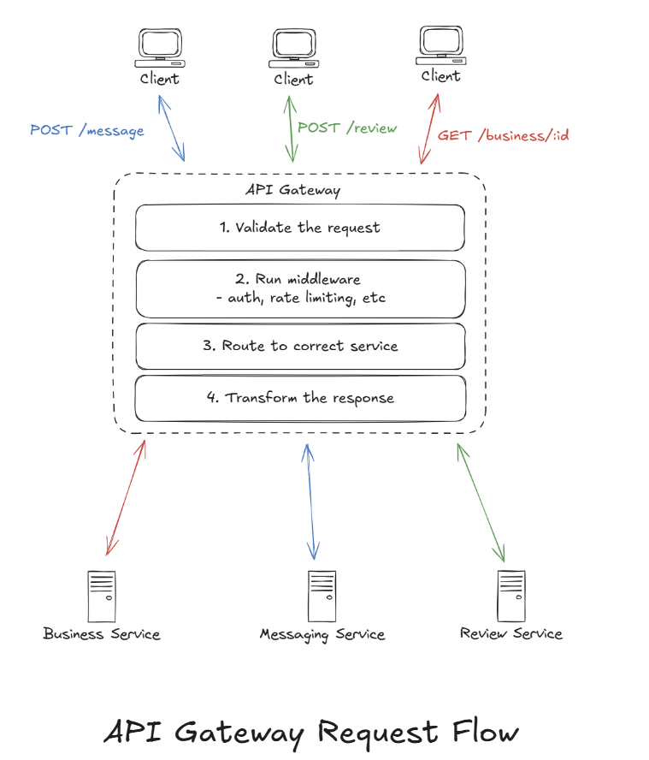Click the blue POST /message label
coord(86,131)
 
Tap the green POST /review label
coord(347,128)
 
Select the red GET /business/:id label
coord(504,135)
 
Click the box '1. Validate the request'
coord(299,228)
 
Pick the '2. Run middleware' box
coord(299,288)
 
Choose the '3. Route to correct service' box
coord(299,346)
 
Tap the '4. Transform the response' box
coord(299,398)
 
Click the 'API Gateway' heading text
coord(292,190)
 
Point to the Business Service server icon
coord(101,596)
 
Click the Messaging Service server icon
coord(322,596)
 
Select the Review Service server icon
coord(511,596)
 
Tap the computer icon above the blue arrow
coord(160,49)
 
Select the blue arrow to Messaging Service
coord(310,501)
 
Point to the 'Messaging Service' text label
coord(322,635)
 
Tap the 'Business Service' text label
coord(102,634)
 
